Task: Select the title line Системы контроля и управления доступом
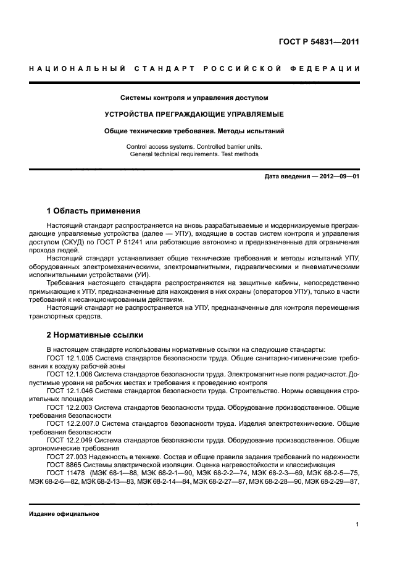[x=194, y=98]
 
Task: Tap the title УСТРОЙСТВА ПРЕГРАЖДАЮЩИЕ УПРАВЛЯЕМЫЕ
[x=194, y=114]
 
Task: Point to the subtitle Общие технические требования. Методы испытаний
[x=194, y=131]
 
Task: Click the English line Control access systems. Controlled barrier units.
[x=194, y=147]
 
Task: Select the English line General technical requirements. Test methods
[x=194, y=154]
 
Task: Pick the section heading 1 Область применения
[x=93, y=211]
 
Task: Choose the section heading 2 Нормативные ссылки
[x=95, y=335]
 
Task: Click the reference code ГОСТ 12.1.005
[x=68, y=357]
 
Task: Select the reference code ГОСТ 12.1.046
[x=68, y=391]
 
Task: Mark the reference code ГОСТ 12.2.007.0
[x=71, y=424]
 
